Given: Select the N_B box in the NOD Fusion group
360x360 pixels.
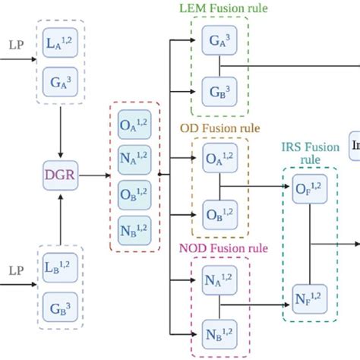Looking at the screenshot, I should tap(219, 332).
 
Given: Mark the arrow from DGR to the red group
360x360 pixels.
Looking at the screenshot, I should tap(94, 175).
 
